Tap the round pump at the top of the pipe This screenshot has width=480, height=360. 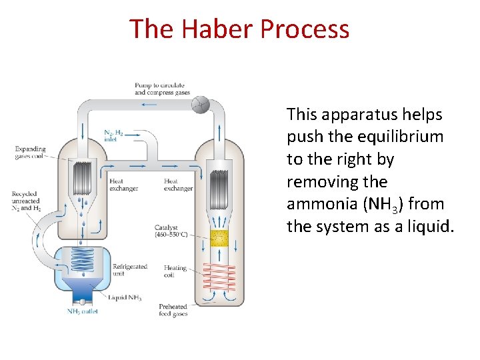(201, 104)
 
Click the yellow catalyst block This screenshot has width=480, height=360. (219, 237)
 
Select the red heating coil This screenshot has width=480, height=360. (219, 275)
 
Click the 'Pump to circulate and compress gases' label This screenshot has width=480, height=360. (162, 89)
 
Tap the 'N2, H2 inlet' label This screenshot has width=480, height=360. (113, 136)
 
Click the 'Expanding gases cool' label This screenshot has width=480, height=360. (31, 153)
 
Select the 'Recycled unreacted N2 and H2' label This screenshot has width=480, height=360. (25, 201)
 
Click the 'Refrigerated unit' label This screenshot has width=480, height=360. (130, 269)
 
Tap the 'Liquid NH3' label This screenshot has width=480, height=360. (127, 297)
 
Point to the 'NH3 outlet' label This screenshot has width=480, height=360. (82, 311)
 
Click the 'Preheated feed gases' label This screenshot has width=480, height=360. (173, 310)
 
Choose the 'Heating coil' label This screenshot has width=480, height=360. (175, 272)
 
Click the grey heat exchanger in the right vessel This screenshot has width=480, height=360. (219, 185)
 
